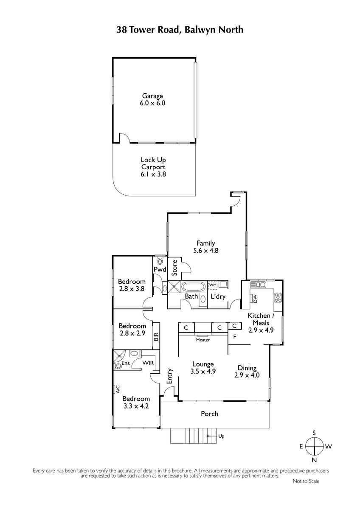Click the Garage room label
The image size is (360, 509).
[x=152, y=96]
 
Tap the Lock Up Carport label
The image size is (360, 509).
[x=153, y=163]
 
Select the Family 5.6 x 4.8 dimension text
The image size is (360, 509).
[x=206, y=250]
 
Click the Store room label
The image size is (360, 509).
[x=174, y=268]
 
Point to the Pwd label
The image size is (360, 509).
[x=160, y=269]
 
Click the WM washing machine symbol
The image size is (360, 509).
[x=213, y=285]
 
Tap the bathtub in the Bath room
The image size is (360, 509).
[x=194, y=287]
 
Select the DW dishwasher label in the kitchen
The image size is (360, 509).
[x=255, y=299]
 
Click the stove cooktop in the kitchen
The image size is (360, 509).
[x=278, y=297]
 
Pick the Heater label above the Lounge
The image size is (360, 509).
[x=203, y=340]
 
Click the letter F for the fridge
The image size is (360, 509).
[x=235, y=336]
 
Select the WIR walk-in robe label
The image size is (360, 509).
[x=148, y=363]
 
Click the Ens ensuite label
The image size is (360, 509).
[x=126, y=363]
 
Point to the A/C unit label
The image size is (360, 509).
[x=117, y=389]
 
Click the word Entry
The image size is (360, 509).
[x=170, y=376]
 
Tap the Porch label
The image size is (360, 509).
[x=209, y=414]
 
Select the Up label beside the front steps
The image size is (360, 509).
[x=221, y=436]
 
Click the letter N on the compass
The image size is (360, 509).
[x=314, y=460]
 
